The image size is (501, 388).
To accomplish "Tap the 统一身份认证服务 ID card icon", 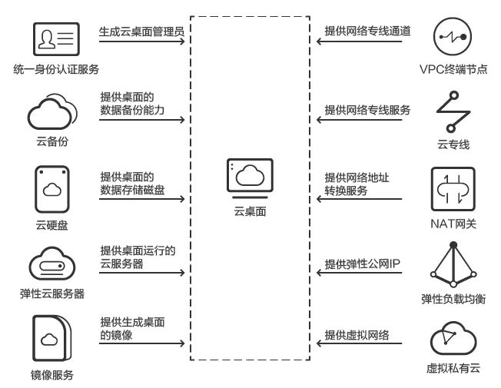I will click(x=56, y=38).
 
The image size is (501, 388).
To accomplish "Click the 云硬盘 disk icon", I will click(x=52, y=189).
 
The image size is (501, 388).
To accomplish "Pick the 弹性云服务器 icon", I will click(x=52, y=264).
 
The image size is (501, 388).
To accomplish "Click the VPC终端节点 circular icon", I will click(x=454, y=36).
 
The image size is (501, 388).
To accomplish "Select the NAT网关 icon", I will click(x=453, y=189).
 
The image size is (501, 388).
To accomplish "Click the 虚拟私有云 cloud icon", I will click(x=453, y=339).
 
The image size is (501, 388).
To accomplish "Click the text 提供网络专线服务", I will click(x=367, y=110).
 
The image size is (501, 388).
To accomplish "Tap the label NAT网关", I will click(x=453, y=224).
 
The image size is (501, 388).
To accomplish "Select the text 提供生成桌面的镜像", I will click(x=133, y=329).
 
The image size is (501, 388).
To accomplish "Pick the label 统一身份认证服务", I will click(x=56, y=70).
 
